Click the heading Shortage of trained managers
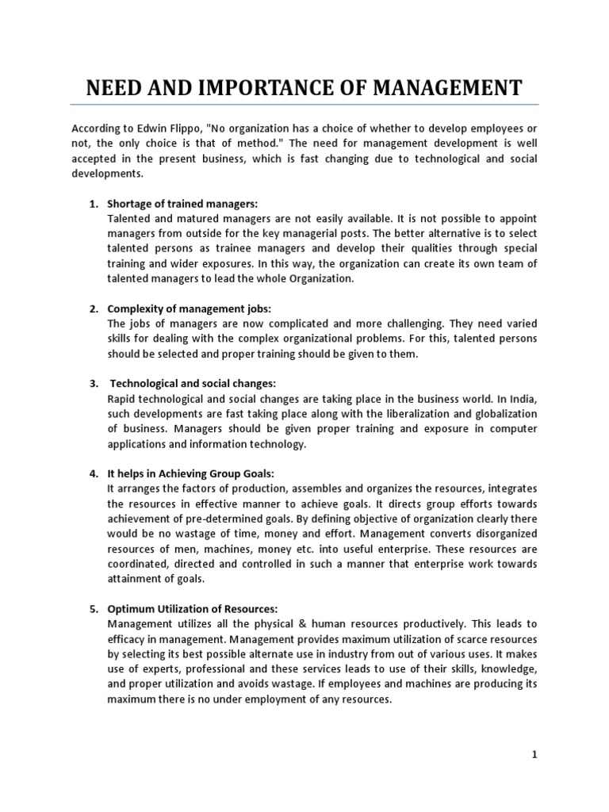pyautogui.click(x=182, y=204)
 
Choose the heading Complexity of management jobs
pyautogui.click(x=190, y=308)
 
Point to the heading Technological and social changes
pyautogui.click(x=193, y=384)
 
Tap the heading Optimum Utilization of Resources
pyautogui.click(x=193, y=608)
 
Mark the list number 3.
pyautogui.click(x=92, y=384)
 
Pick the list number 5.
pyautogui.click(x=92, y=608)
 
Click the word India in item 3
pyautogui.click(x=520, y=399)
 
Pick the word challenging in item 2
pyautogui.click(x=423, y=324)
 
